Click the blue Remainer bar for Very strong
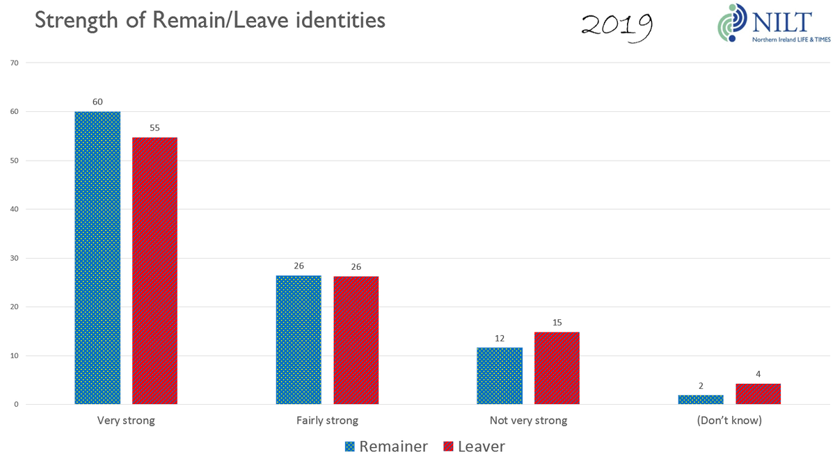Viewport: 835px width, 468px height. click(x=97, y=257)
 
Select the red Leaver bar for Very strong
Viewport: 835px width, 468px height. click(x=154, y=271)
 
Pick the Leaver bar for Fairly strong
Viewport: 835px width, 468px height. click(x=356, y=340)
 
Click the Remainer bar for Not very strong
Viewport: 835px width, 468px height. click(x=500, y=376)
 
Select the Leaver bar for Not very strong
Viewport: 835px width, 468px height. click(x=557, y=368)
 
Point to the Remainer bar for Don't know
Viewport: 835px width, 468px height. click(x=701, y=400)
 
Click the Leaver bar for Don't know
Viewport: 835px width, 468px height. click(x=758, y=394)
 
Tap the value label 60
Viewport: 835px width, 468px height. click(x=97, y=102)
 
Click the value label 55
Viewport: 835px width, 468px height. click(x=154, y=128)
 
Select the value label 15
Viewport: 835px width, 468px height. click(x=557, y=323)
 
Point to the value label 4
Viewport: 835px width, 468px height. click(x=758, y=374)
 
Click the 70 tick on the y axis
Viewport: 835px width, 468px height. click(x=14, y=63)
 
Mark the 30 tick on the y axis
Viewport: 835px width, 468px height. click(x=14, y=259)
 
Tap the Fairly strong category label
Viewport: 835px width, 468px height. click(x=327, y=421)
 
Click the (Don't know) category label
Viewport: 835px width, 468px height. click(x=729, y=421)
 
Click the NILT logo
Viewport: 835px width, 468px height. click(x=764, y=24)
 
